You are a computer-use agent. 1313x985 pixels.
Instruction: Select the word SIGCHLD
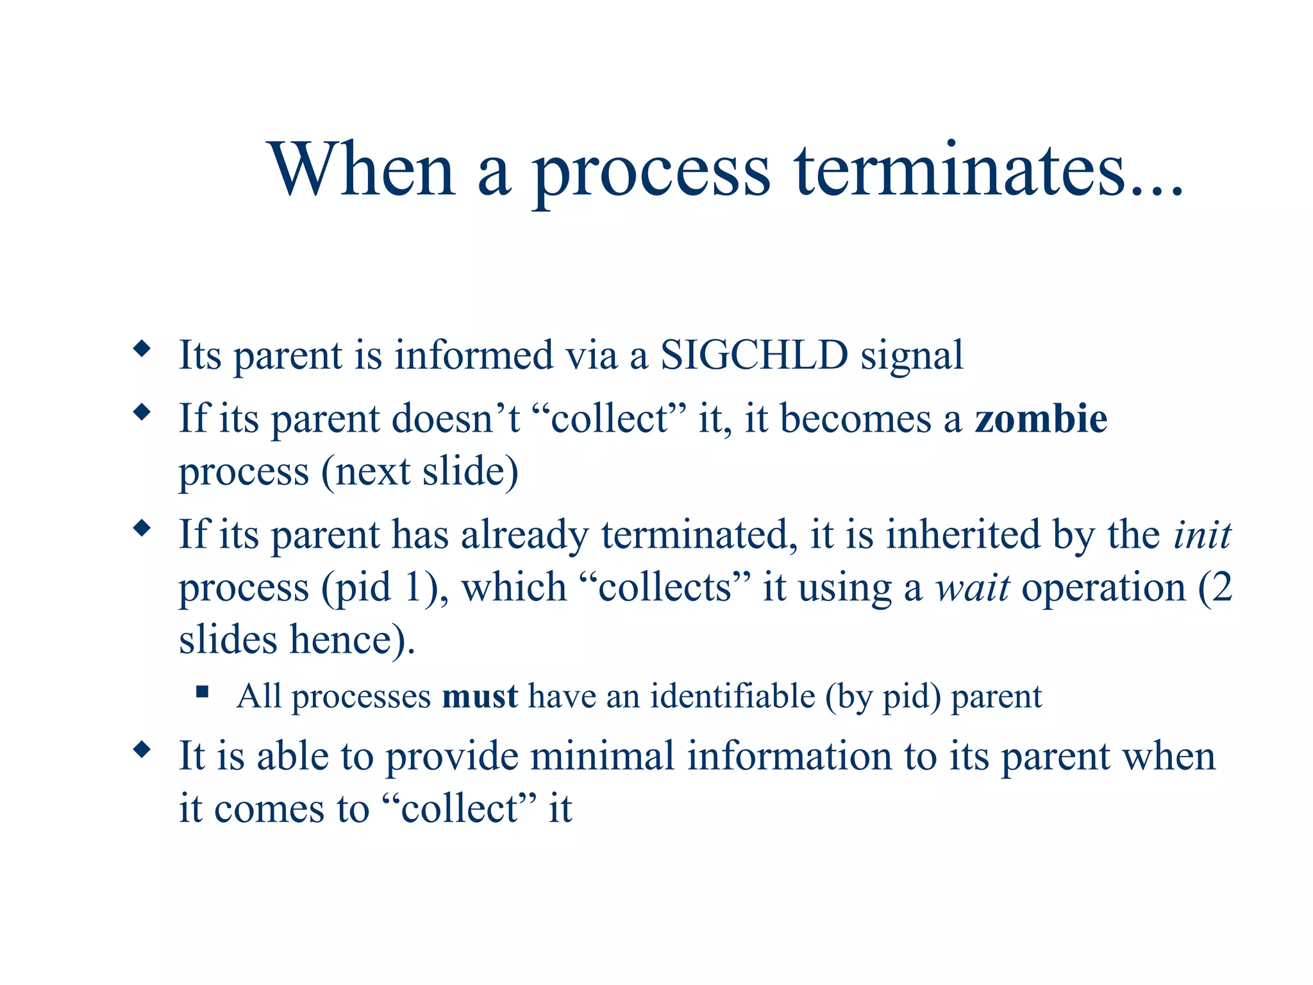tap(754, 355)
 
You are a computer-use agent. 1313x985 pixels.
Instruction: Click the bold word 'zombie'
tap(1041, 419)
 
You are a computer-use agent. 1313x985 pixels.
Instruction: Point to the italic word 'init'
tap(1201, 534)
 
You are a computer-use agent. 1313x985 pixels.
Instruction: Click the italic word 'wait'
tap(972, 587)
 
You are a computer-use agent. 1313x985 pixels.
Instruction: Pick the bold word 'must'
tap(480, 696)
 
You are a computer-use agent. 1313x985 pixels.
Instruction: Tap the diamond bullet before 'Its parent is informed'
tap(142, 349)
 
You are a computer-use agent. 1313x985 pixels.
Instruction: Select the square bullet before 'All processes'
tap(203, 691)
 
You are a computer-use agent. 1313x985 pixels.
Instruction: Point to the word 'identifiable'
tap(732, 696)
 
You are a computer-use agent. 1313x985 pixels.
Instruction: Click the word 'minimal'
tap(602, 756)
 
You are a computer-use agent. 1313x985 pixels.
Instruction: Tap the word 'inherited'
tap(963, 534)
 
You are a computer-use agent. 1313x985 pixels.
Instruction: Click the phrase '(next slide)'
tap(419, 472)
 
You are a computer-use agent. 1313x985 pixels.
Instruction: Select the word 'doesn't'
tap(455, 419)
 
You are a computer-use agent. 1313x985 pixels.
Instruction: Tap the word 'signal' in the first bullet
tap(911, 356)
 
